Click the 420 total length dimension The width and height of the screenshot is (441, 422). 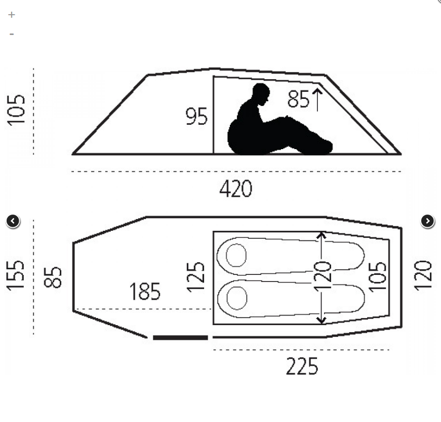click(235, 189)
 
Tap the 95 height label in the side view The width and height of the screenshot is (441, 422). click(196, 117)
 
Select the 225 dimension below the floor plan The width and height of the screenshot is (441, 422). click(302, 366)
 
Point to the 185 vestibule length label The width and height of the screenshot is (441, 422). click(145, 292)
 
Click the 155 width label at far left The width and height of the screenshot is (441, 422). click(16, 275)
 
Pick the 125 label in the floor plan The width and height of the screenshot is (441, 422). click(196, 276)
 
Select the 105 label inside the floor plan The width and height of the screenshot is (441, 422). click(377, 276)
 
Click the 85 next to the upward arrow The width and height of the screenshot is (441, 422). click(298, 99)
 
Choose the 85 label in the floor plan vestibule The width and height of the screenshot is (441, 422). click(53, 277)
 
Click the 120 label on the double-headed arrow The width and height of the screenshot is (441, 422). click(323, 277)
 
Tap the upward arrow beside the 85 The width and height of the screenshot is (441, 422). click(317, 99)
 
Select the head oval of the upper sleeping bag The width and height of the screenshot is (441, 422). click(236, 255)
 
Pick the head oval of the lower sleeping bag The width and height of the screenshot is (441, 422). click(236, 298)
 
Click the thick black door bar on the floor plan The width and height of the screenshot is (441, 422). click(180, 337)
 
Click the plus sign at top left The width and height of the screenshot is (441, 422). click(12, 15)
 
